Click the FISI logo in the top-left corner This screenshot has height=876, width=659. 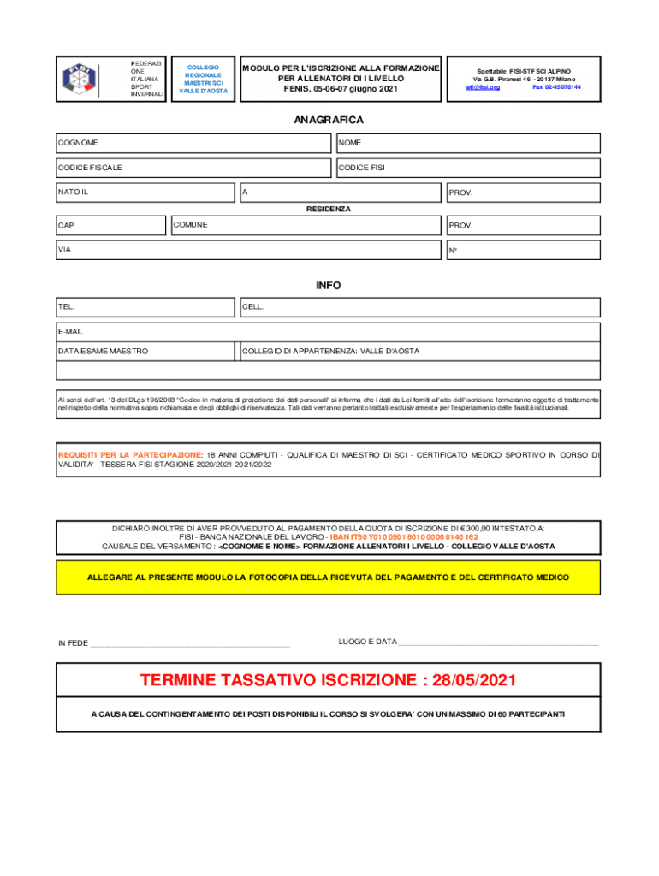pyautogui.click(x=80, y=79)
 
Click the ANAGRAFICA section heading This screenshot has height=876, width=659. pyautogui.click(x=329, y=121)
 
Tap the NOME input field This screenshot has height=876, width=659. pyautogui.click(x=468, y=143)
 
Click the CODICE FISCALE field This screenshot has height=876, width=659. pyautogui.click(x=193, y=168)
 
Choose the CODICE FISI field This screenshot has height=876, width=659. pyautogui.click(x=468, y=168)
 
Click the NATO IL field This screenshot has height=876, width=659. pyautogui.click(x=145, y=192)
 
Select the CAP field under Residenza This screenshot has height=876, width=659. pyautogui.click(x=110, y=226)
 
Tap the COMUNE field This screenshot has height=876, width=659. pyautogui.click(x=306, y=225)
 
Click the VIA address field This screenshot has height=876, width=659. pyautogui.click(x=247, y=251)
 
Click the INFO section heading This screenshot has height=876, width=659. pyautogui.click(x=329, y=286)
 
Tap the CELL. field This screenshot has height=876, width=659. pyautogui.click(x=419, y=306)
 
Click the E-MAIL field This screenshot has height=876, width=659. pyautogui.click(x=329, y=331)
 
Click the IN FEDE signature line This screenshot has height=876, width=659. pyautogui.click(x=190, y=642)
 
